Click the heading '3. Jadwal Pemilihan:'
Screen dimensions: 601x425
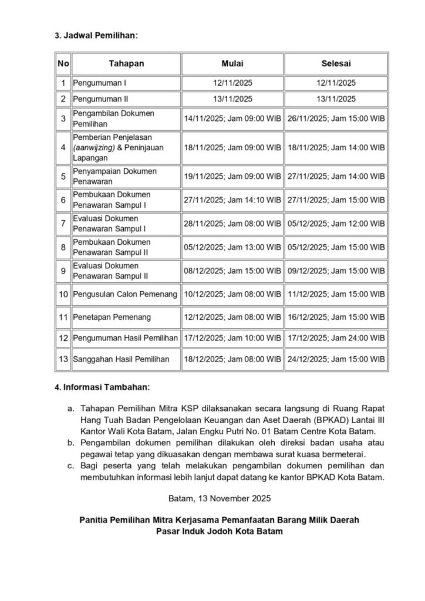[x=96, y=35]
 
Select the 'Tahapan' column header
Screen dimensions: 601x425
[x=126, y=63]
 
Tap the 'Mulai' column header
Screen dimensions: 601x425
[x=232, y=63]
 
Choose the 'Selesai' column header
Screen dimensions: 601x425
[x=336, y=63]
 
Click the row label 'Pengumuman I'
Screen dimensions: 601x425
[x=96, y=83]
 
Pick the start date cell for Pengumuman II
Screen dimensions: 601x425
[x=232, y=99]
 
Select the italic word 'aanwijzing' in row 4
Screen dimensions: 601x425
[x=95, y=147]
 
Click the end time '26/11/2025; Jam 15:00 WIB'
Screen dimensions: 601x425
[x=336, y=119]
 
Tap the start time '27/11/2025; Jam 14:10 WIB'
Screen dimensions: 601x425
[x=232, y=200]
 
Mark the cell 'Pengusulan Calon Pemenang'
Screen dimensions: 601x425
[x=125, y=293]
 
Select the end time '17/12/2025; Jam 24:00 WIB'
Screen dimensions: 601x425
[x=336, y=338]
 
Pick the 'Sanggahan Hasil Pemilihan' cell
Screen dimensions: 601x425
[x=120, y=359]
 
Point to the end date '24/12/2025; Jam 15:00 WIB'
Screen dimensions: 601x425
[x=336, y=359]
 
